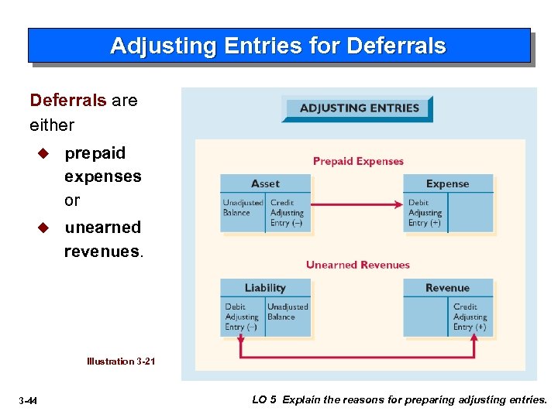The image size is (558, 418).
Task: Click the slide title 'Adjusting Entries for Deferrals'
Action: (278, 46)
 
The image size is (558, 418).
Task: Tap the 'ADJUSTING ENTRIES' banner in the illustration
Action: (359, 108)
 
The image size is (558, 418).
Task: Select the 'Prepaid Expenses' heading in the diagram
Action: (358, 161)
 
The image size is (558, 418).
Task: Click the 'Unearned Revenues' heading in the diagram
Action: (357, 265)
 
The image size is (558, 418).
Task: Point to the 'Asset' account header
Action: (265, 183)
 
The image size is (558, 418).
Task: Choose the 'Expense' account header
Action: (447, 183)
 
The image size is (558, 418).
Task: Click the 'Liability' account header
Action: (265, 288)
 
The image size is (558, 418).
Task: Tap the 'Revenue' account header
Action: (447, 288)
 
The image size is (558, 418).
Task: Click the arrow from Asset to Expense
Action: (356, 204)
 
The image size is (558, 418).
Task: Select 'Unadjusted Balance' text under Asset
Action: (243, 207)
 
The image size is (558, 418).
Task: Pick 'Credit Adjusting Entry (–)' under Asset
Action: (288, 213)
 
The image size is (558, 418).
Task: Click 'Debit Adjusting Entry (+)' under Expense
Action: (425, 213)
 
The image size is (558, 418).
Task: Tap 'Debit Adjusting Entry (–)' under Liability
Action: (242, 317)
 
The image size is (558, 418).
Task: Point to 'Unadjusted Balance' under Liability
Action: (288, 311)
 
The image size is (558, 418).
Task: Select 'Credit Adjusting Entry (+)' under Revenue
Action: (470, 317)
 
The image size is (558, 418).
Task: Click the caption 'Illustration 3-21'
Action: (121, 361)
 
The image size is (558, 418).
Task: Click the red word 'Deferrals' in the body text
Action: (67, 101)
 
